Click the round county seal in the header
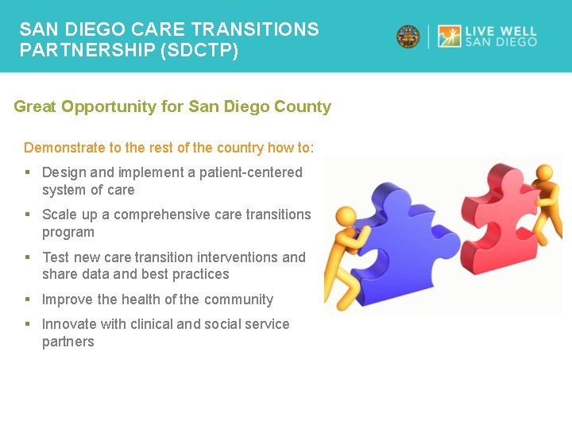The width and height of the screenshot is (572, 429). pos(408,37)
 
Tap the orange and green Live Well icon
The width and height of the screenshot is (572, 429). pos(450,37)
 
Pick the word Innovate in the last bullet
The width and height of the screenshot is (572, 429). pos(68,324)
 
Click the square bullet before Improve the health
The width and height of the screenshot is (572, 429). pos(28,300)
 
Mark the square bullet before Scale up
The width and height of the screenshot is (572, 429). pos(28,214)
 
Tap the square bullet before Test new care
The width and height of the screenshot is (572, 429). pos(28,257)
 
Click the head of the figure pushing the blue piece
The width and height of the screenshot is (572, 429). pos(346,215)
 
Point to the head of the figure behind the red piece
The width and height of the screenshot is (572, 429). pos(544,174)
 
